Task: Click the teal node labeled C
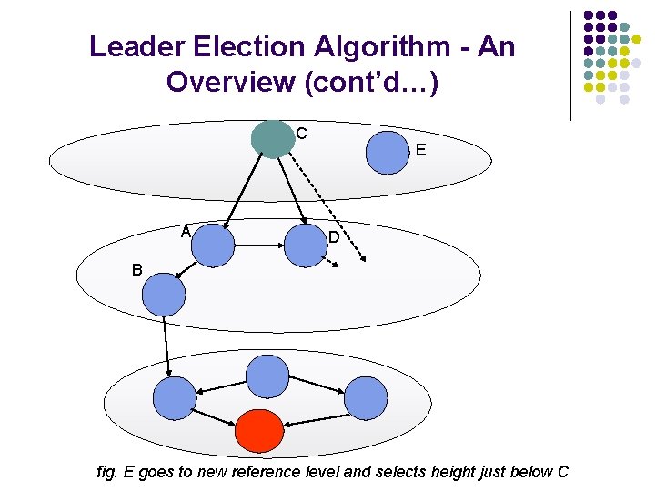coord(272,138)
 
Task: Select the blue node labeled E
coord(388,151)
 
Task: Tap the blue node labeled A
coord(212,245)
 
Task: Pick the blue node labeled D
coord(306,245)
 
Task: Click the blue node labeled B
coord(164,295)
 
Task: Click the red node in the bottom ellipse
coord(258,431)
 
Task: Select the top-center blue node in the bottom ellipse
coord(267,376)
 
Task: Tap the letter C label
coord(301,134)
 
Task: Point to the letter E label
coord(420,151)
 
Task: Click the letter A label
coord(185,232)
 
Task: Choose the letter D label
coord(334,238)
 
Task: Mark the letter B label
coord(136,270)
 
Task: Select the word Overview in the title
coord(230,82)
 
